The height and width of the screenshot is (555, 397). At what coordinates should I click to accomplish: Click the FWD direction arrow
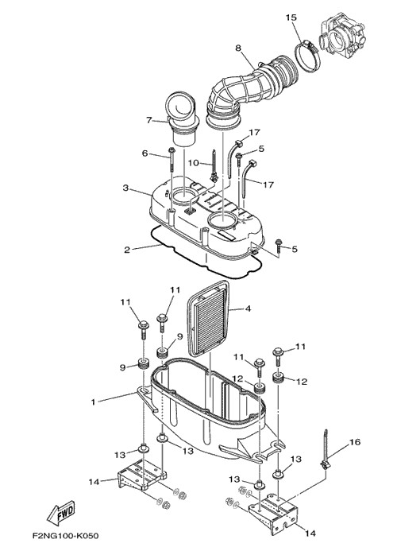pos(61,513)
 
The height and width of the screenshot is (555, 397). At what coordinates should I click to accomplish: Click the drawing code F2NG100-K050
pos(66,535)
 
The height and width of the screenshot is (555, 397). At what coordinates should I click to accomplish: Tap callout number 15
pos(291,17)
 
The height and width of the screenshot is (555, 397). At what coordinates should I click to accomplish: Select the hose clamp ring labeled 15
pos(307,54)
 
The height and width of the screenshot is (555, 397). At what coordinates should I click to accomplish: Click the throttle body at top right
pos(341,36)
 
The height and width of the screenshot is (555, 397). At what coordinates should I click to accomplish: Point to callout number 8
pos(238,48)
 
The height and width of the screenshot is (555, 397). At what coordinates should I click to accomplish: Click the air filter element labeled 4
pos(209,321)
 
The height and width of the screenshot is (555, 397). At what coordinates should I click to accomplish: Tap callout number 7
pos(149,120)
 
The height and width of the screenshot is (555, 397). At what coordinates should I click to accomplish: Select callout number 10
pos(194,163)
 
